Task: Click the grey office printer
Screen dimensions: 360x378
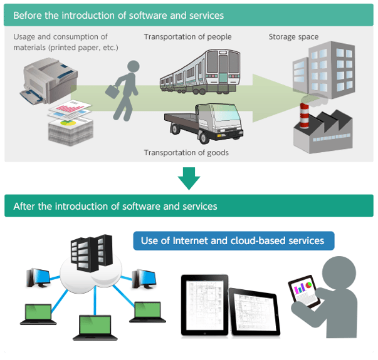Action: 47,82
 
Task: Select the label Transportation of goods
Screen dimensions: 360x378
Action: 186,152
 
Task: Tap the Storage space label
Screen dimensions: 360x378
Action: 293,37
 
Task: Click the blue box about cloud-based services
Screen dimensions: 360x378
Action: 233,240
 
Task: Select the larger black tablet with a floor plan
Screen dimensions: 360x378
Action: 204,304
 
